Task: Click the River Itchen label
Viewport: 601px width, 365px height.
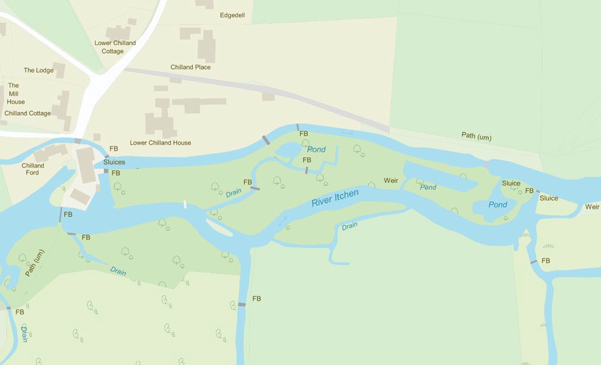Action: tap(335, 198)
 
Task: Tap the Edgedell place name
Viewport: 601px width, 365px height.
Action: tap(232, 16)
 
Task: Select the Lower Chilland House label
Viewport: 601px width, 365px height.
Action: tap(161, 143)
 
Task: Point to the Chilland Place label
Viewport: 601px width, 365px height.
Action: tap(190, 67)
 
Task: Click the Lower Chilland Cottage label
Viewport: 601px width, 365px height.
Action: tap(115, 47)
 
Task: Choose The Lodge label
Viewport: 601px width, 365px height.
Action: tap(39, 70)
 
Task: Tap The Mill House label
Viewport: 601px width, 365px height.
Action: tap(15, 94)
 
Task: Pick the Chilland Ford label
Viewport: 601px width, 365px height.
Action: tap(33, 169)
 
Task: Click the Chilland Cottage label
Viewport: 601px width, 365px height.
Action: tap(28, 113)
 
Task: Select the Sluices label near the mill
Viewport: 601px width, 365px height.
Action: tap(114, 162)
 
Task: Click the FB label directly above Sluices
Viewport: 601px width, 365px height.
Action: tap(114, 148)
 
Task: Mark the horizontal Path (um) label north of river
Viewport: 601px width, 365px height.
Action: tap(476, 136)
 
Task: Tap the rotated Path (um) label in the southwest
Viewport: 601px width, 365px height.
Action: tap(34, 263)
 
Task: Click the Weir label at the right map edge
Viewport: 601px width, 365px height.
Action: tap(591, 207)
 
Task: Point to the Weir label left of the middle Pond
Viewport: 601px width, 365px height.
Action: tap(391, 180)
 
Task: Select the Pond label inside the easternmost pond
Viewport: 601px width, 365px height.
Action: tap(498, 205)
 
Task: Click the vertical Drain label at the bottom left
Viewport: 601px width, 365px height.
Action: tap(24, 333)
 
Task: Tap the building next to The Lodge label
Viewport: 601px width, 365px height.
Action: tap(59, 70)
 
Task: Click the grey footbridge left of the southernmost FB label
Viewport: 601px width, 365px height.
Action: tap(241, 304)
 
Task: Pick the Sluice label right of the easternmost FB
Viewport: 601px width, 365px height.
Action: tap(549, 198)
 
